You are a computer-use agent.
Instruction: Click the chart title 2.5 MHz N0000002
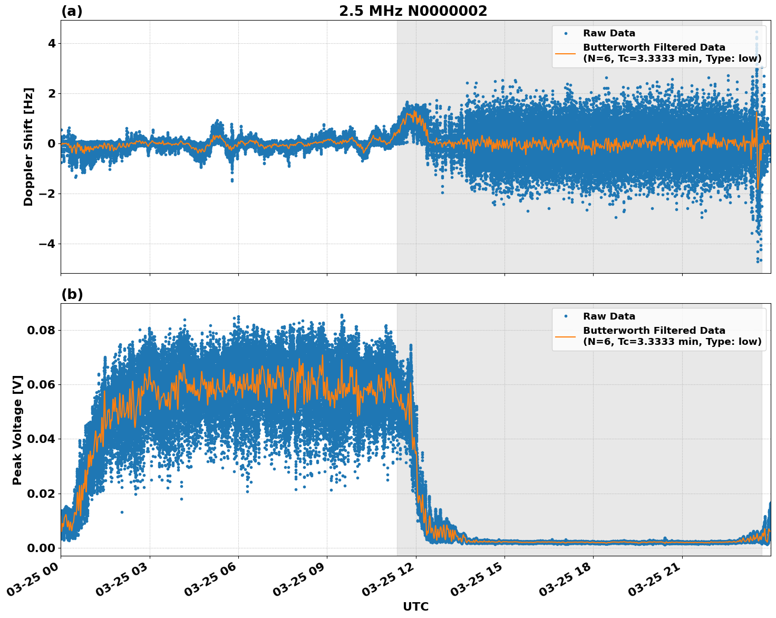413,11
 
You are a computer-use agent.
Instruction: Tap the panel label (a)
72,11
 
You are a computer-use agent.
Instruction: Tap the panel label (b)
72,294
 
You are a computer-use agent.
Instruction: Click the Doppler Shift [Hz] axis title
28,147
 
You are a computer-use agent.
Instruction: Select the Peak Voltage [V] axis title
17,430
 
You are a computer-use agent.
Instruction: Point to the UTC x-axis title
415,607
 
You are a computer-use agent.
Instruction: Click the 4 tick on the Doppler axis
51,43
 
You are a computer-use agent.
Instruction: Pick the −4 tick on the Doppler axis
47,244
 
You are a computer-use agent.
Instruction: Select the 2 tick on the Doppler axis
51,93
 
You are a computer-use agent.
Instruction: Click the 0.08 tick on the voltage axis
42,331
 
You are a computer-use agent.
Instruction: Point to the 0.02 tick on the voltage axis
42,494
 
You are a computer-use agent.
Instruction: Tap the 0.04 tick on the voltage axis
42,439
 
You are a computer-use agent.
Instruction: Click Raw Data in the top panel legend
609,33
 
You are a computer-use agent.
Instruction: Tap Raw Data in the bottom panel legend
609,316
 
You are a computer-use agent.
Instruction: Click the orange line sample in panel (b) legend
566,336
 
